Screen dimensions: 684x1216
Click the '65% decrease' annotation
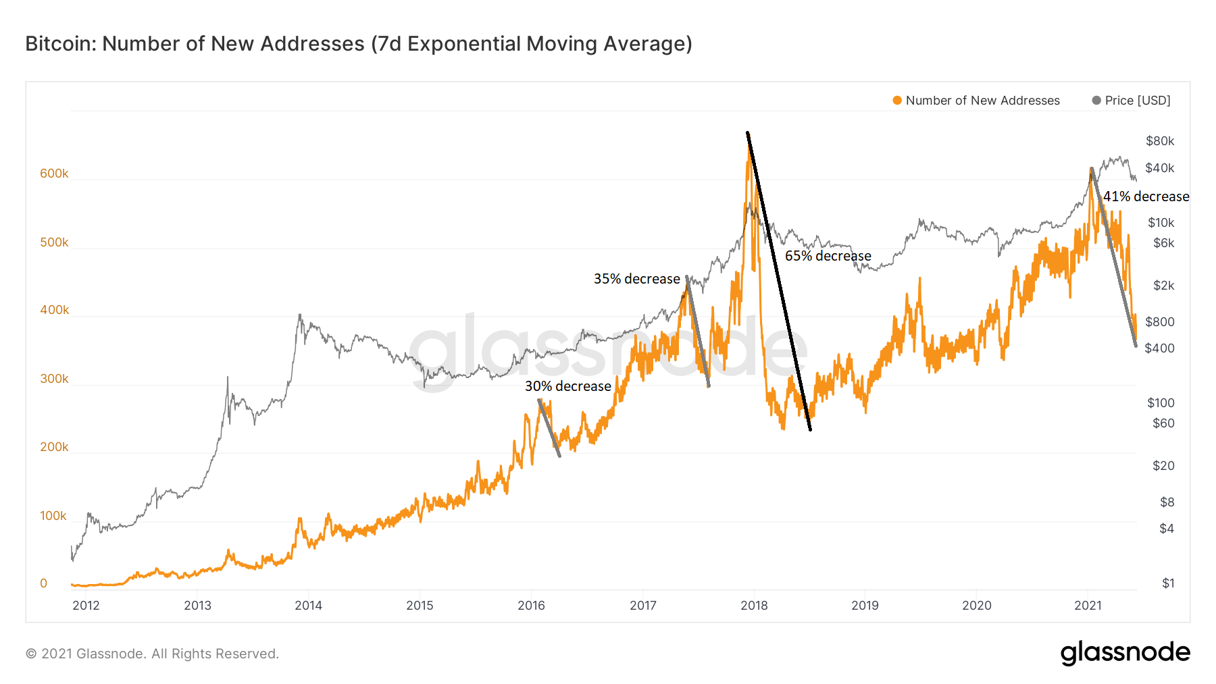click(x=828, y=256)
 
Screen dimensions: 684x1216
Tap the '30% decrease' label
click(x=567, y=386)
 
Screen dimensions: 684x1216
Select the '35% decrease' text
click(x=636, y=279)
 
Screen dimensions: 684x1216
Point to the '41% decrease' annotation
click(x=1146, y=196)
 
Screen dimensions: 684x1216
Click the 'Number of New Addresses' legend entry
click(x=982, y=101)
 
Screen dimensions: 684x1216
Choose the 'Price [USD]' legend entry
click(x=1137, y=101)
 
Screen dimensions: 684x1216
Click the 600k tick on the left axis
click(x=54, y=174)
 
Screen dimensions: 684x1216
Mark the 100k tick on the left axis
click(x=53, y=516)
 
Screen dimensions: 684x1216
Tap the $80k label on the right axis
click(x=1160, y=141)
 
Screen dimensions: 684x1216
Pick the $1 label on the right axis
click(x=1168, y=583)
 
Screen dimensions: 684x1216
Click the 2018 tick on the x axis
click(x=754, y=606)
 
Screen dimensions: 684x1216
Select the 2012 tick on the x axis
click(x=86, y=606)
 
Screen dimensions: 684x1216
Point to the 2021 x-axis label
click(x=1088, y=606)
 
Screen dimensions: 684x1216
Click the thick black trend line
click(x=779, y=282)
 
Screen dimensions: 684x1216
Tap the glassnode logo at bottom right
click(x=1125, y=653)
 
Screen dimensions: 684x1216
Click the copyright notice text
click(x=152, y=654)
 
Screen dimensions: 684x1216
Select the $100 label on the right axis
click(x=1161, y=403)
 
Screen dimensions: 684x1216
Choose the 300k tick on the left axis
click(x=54, y=379)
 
